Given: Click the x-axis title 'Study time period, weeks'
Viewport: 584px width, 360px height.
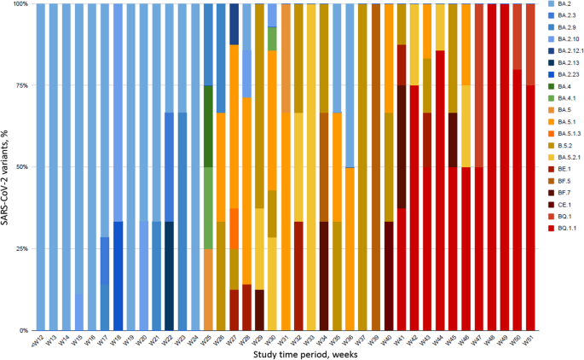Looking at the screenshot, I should coord(290,353).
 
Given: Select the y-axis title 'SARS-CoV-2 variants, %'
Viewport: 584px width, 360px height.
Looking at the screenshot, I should coord(6,166).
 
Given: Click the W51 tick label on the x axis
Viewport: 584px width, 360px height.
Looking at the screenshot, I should coord(529,339).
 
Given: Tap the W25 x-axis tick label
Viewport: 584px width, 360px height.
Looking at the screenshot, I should coord(206,339).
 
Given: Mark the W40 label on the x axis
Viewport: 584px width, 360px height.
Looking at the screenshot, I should coord(386,339).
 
